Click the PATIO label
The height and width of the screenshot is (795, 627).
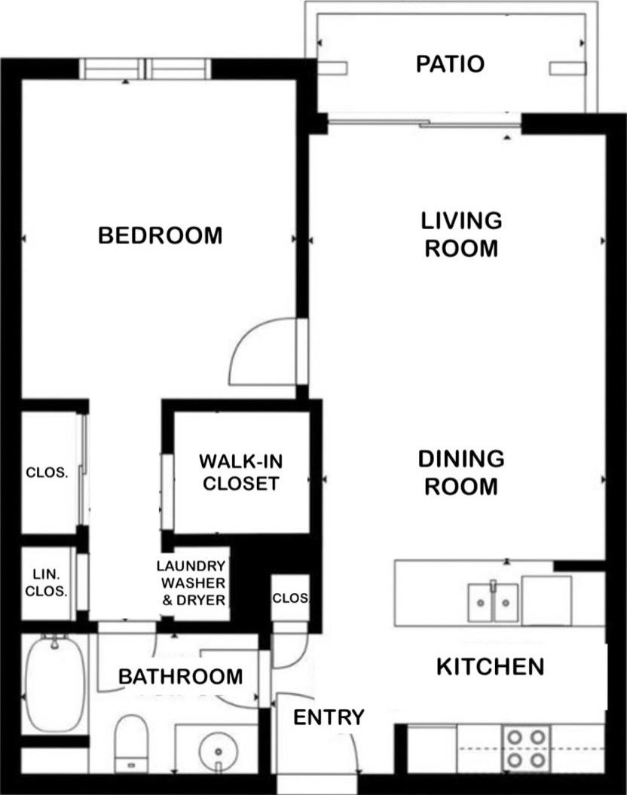(450, 64)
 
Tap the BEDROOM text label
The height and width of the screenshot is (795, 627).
(161, 235)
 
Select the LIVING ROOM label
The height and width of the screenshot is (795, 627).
(461, 234)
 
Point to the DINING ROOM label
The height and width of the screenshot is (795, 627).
(461, 472)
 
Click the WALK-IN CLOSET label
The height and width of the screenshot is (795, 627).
(240, 472)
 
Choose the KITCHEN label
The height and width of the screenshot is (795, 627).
(491, 666)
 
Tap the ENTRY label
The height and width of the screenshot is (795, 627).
(329, 717)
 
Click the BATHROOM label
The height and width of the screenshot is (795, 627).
(181, 676)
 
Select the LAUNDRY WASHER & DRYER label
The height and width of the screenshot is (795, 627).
(191, 583)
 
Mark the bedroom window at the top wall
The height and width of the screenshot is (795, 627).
(146, 69)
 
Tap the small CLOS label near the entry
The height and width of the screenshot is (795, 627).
(290, 598)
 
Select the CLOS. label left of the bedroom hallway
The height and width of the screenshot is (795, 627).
(47, 473)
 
